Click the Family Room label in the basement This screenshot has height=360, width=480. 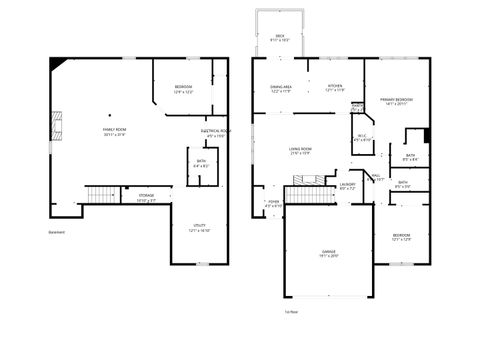coord(115,132)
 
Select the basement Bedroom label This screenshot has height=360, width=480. coord(182,90)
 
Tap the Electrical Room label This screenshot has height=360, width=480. coord(216,132)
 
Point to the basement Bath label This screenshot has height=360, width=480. coord(201,163)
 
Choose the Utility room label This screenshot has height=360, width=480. coord(199,228)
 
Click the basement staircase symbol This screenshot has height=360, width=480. coord(101,194)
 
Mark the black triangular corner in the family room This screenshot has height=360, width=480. coord(59,64)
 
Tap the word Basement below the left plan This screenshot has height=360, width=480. coord(57,233)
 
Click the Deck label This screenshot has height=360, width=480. coord(280,38)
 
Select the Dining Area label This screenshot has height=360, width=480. coord(280,88)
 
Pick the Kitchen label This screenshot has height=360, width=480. coord(335,88)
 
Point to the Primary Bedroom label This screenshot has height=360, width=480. coord(397,101)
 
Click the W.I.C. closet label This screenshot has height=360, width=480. coord(363,138)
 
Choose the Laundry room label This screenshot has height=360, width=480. coord(347,185)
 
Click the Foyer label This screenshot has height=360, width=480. coord(273,203)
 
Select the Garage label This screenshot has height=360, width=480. coord(328,254)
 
